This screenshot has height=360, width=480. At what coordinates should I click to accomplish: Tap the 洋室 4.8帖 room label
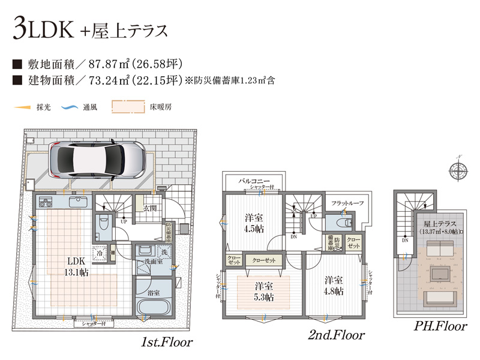click(334, 286)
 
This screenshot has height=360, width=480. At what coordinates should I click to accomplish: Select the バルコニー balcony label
click(254, 180)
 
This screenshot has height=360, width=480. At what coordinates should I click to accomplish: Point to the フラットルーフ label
click(347, 203)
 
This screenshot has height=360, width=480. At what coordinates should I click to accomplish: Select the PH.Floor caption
click(440, 327)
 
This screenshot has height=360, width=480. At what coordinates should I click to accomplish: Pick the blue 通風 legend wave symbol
click(70, 108)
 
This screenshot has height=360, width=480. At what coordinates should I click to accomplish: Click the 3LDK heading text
click(42, 30)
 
